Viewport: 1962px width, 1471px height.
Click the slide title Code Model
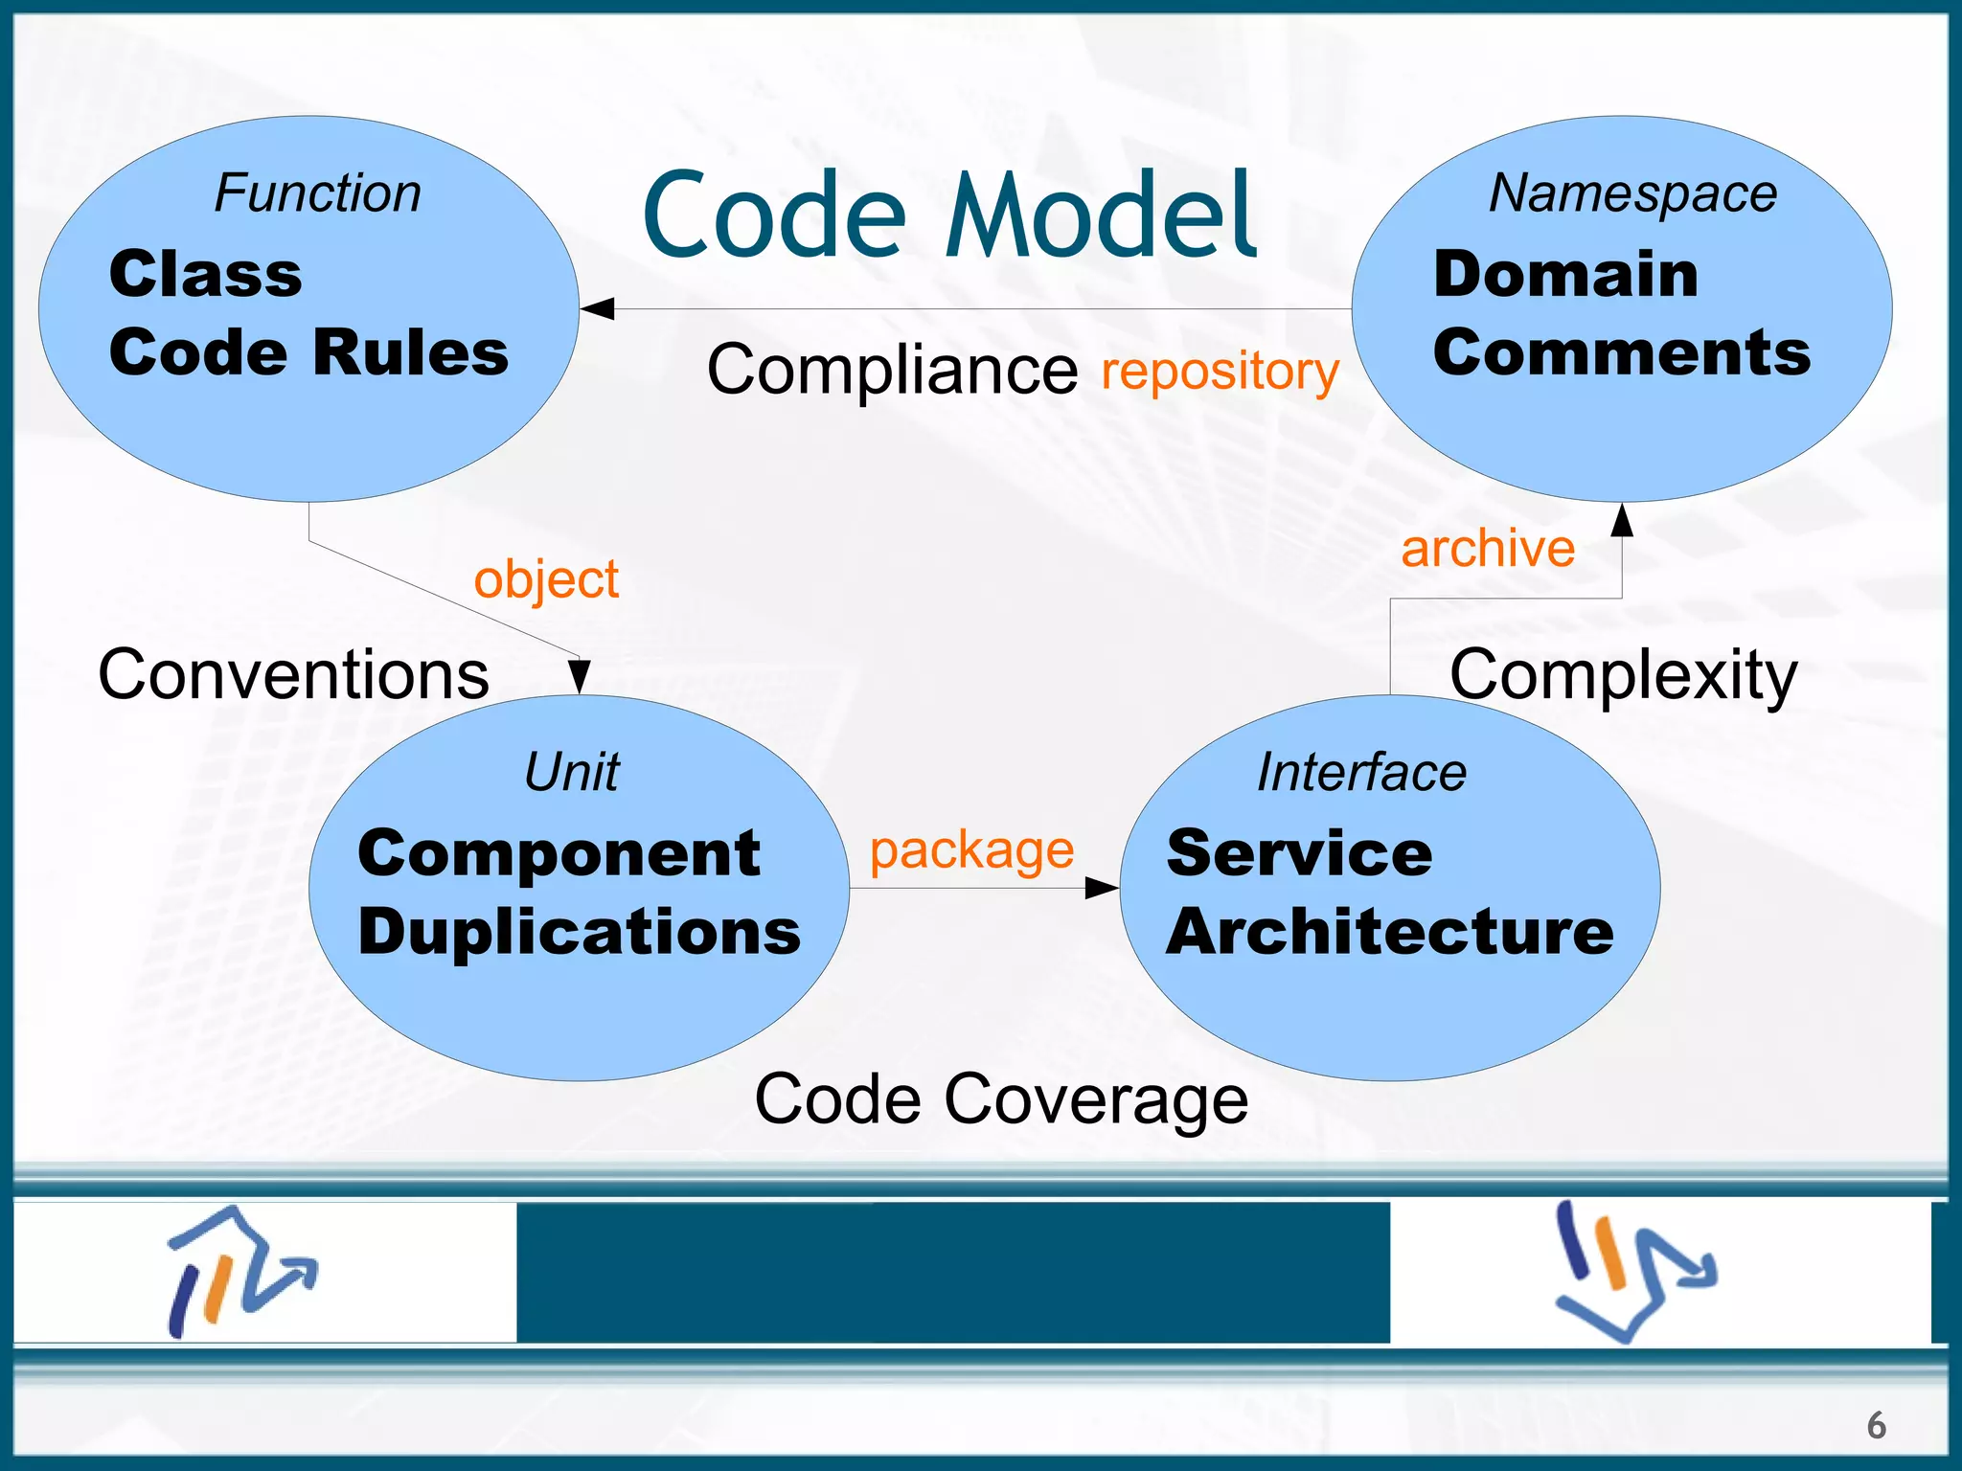[948, 215]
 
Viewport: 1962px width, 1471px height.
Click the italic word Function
[317, 192]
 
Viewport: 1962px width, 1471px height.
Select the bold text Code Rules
[308, 352]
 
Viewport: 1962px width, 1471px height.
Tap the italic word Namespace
[1632, 192]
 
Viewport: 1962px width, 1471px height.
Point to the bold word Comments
[1621, 352]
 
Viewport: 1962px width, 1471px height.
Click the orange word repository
[1220, 371]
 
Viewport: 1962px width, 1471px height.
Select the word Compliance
[892, 371]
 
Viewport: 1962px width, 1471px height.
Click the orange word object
[546, 580]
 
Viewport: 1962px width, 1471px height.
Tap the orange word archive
[1488, 549]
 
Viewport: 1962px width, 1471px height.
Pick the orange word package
[971, 850]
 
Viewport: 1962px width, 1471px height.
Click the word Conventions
[293, 675]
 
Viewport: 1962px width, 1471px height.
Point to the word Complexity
[1623, 675]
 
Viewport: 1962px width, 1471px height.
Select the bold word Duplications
[579, 932]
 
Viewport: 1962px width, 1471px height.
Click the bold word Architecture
[1389, 932]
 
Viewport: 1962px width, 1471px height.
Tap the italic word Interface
[1361, 772]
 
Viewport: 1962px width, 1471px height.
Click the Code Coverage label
[1001, 1099]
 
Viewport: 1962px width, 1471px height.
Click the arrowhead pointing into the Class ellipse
[598, 308]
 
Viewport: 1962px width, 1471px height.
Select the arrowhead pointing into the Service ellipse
[1102, 888]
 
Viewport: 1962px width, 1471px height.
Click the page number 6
[1876, 1425]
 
